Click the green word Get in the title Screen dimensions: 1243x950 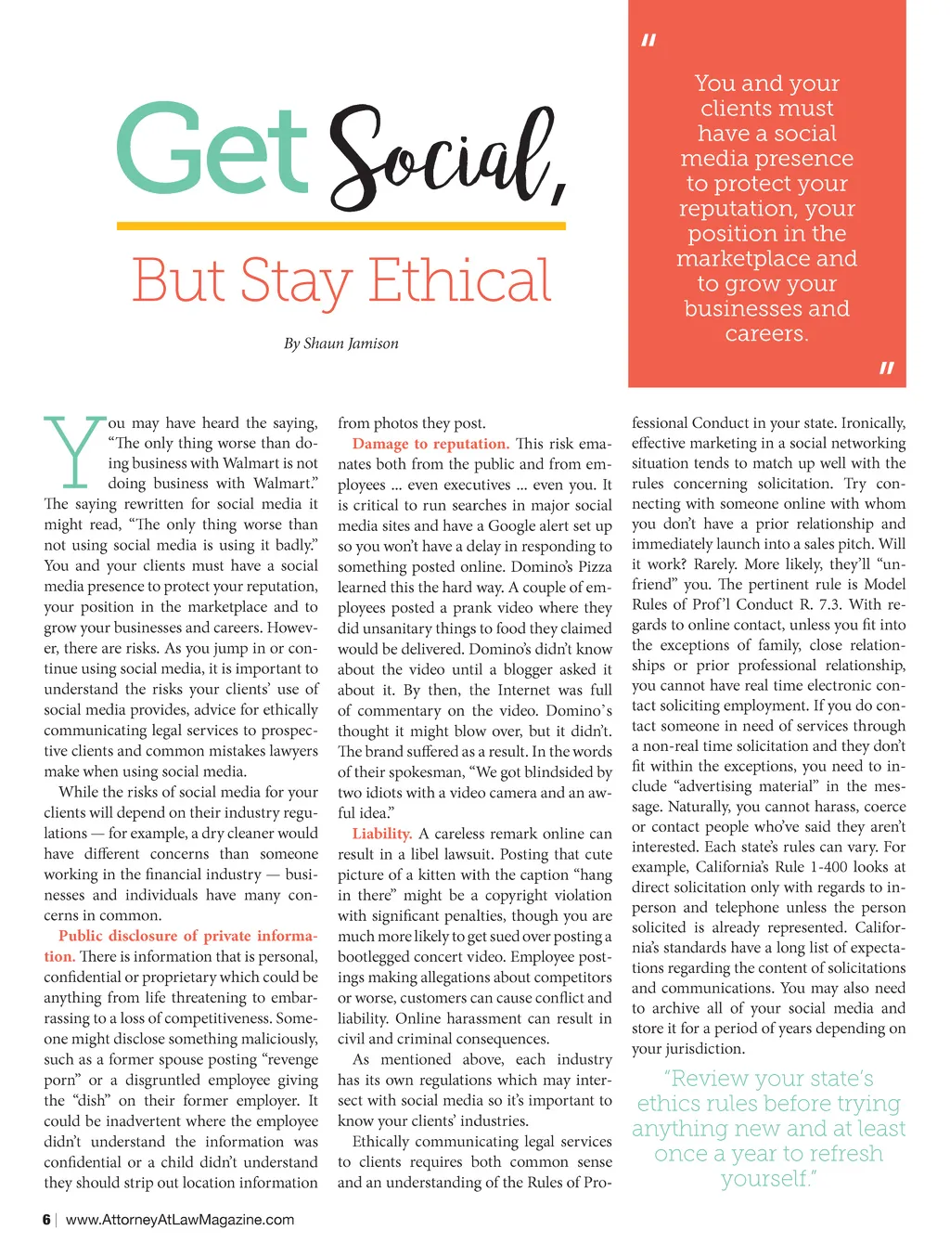pos(212,149)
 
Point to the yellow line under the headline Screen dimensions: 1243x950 pos(340,226)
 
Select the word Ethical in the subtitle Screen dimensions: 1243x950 pos(460,280)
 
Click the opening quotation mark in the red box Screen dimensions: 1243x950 pos(648,41)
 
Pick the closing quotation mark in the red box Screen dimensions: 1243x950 pos(886,369)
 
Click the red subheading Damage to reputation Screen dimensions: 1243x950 pos(430,444)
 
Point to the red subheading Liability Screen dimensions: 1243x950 pos(381,834)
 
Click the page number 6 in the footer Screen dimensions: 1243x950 pos(46,1220)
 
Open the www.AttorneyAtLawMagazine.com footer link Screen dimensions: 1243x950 pos(180,1220)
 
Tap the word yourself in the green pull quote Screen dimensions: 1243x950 pos(766,1179)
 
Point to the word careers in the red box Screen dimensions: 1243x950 pos(765,334)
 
